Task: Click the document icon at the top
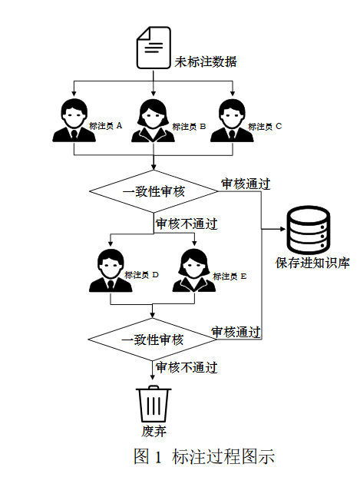click(154, 48)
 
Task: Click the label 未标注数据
click(206, 61)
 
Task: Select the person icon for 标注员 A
click(74, 120)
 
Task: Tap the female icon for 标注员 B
click(154, 121)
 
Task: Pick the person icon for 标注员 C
click(232, 121)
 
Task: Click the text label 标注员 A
click(105, 126)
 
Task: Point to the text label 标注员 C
click(265, 127)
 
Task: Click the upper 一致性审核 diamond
click(154, 191)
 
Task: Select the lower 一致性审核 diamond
click(152, 340)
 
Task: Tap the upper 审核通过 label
click(246, 184)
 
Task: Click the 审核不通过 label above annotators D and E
click(187, 224)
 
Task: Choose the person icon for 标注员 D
click(111, 270)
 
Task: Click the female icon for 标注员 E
click(194, 270)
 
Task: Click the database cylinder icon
click(309, 230)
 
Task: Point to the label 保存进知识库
click(312, 263)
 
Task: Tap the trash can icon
click(154, 403)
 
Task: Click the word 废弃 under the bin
click(154, 431)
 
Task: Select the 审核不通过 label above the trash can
click(187, 367)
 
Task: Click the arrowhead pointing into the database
click(283, 229)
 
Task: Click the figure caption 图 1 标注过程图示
click(204, 456)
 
